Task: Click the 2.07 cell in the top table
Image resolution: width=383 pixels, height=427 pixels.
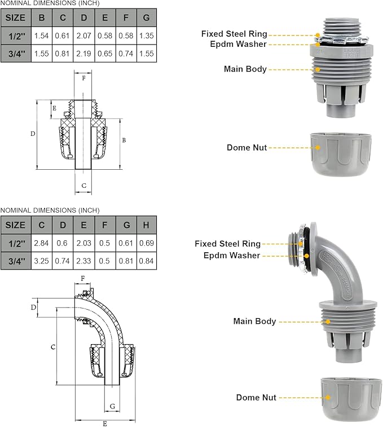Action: click(83, 36)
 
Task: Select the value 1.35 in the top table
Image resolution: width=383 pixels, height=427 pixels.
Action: click(146, 36)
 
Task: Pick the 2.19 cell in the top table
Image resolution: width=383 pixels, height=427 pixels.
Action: click(83, 54)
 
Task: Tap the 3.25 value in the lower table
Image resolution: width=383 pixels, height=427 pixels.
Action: click(42, 261)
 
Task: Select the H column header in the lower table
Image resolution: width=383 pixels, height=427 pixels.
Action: click(146, 225)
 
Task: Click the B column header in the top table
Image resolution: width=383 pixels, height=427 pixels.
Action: click(42, 17)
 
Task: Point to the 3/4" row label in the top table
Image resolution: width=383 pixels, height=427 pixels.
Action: click(15, 54)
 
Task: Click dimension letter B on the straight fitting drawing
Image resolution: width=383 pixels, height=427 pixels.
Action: click(124, 139)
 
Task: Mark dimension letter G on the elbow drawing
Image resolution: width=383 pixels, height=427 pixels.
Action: click(112, 406)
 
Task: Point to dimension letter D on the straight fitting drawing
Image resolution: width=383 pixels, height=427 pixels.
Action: click(33, 134)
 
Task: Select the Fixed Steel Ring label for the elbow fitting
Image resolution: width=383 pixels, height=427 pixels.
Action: click(227, 244)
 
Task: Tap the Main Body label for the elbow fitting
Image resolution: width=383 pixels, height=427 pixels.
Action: click(254, 321)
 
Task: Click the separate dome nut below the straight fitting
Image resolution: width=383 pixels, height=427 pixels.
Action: click(341, 153)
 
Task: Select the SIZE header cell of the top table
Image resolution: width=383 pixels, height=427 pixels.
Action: click(15, 17)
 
